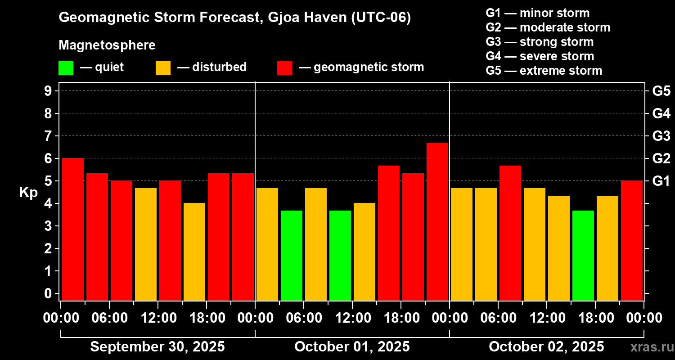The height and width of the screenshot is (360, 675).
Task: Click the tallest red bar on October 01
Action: click(x=437, y=221)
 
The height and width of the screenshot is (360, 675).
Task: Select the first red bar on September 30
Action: click(x=73, y=229)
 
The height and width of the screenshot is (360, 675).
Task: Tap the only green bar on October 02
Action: click(x=583, y=255)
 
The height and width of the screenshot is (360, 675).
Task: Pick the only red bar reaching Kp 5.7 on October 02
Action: click(x=510, y=233)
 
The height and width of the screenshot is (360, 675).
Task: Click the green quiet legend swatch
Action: click(x=66, y=68)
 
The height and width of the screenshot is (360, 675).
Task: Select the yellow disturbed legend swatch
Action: click(x=163, y=68)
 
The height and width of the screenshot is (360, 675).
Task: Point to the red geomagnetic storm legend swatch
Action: click(x=285, y=68)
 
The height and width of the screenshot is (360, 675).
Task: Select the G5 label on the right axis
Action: click(x=661, y=91)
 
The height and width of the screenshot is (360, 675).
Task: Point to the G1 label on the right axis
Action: click(x=661, y=181)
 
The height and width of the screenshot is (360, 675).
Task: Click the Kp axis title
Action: click(x=28, y=193)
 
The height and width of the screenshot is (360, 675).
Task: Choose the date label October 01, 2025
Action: click(x=352, y=347)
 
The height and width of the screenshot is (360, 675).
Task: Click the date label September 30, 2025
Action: click(x=157, y=347)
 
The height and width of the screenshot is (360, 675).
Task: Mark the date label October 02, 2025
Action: click(x=546, y=347)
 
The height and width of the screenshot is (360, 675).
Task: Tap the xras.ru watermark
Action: click(x=649, y=347)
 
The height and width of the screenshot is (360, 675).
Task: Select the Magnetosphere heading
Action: click(x=107, y=45)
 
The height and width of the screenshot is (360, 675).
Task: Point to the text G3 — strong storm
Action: click(x=540, y=42)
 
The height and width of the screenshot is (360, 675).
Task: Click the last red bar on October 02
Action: click(x=632, y=240)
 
